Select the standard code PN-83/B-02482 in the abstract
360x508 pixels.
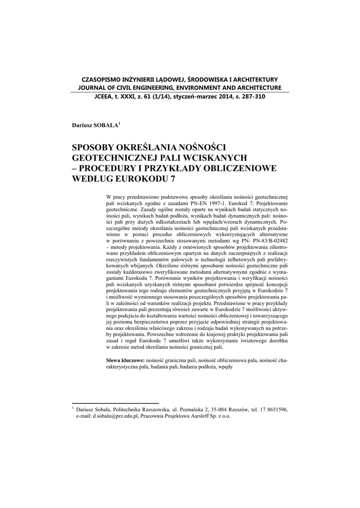tap(269, 240)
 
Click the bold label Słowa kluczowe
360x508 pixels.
tap(126, 359)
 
